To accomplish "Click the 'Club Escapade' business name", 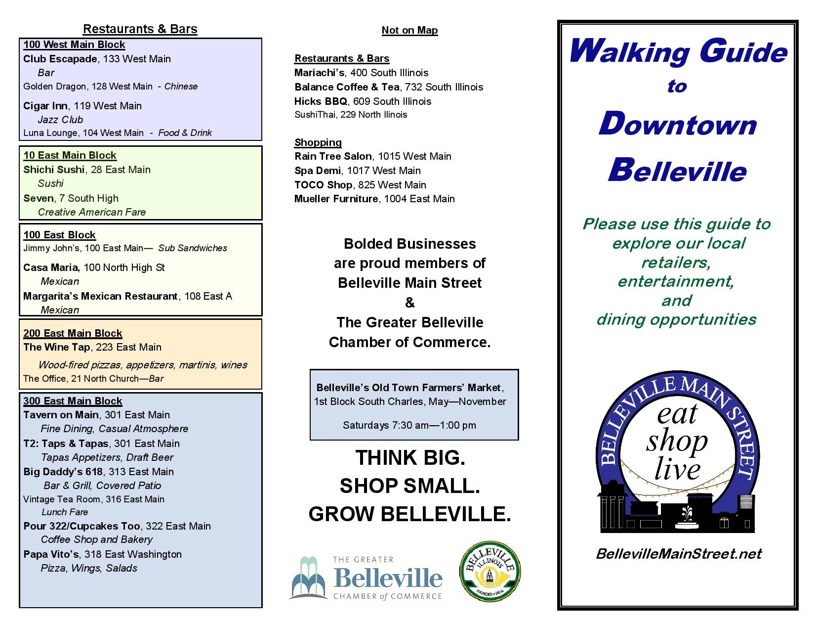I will click(x=60, y=59).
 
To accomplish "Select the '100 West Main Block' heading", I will click(x=74, y=45).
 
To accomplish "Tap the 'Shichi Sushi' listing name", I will click(x=54, y=170).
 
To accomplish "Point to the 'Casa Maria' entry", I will click(x=51, y=267).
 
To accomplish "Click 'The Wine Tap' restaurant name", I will click(x=57, y=347).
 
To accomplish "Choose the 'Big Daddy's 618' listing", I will click(x=63, y=472).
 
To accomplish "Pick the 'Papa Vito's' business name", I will click(x=51, y=554).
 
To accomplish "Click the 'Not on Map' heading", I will click(x=409, y=30).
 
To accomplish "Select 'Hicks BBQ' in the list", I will click(x=321, y=101).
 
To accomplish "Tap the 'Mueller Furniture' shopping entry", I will click(x=336, y=199).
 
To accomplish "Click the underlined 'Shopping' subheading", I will click(x=318, y=142).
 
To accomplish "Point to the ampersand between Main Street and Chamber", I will click(x=409, y=303).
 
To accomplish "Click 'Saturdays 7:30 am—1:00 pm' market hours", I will click(x=409, y=425).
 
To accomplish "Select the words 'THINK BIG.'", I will click(x=409, y=457).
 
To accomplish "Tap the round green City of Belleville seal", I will click(x=489, y=572).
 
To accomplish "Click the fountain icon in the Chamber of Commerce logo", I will click(x=308, y=578).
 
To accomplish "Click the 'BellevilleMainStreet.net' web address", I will click(x=678, y=553).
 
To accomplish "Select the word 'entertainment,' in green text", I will click(x=675, y=281).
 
